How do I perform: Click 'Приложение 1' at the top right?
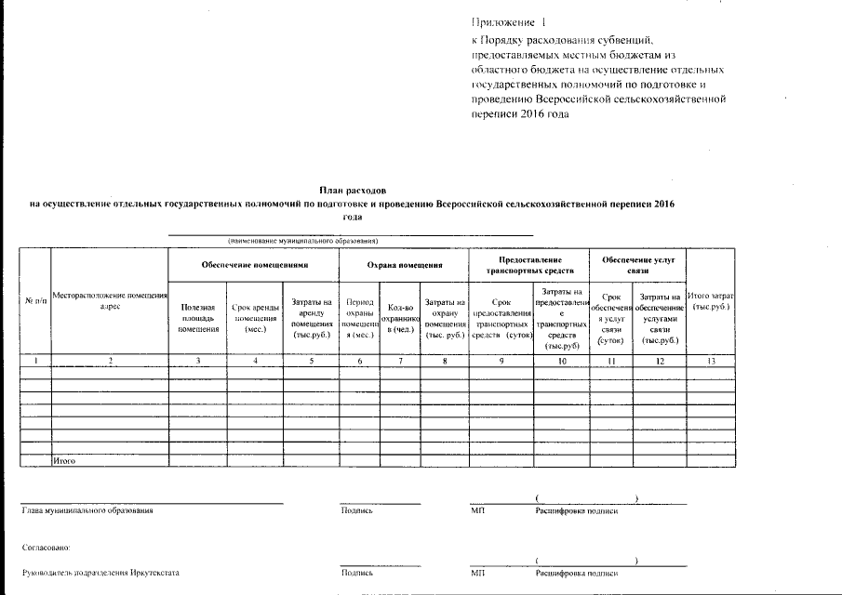point(503,21)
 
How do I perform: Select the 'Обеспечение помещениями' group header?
point(254,265)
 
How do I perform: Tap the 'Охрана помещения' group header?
point(405,265)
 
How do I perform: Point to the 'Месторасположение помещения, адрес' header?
point(109,300)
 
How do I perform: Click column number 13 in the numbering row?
point(710,361)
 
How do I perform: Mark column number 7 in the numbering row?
point(398,361)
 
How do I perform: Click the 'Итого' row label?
point(64,460)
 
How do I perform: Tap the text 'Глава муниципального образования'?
point(87,510)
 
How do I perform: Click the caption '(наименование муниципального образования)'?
point(303,241)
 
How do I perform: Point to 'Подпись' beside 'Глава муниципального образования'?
point(357,510)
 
